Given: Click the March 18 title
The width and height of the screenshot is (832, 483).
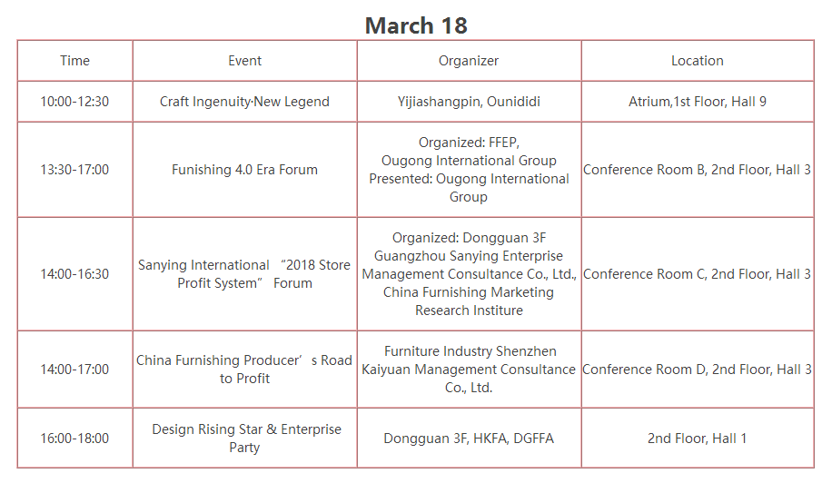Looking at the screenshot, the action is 416,25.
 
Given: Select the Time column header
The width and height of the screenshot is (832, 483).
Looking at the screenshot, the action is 74,61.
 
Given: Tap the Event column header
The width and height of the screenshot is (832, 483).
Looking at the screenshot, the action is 244,61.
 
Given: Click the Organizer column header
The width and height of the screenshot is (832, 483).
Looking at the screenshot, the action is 469,61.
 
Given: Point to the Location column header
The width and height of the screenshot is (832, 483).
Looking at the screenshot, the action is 698,61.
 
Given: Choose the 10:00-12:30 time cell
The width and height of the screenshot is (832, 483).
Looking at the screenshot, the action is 74,102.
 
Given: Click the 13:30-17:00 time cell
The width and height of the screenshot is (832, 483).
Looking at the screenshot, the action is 74,170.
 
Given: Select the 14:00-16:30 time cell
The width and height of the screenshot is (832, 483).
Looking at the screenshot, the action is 74,274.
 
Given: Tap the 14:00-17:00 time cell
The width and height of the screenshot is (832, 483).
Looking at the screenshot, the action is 74,369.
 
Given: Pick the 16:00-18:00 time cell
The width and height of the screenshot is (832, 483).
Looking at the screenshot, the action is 74,439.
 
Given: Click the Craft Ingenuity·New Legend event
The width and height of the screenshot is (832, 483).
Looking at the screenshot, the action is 244,102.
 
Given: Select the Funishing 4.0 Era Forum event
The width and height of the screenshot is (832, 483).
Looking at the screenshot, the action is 244,170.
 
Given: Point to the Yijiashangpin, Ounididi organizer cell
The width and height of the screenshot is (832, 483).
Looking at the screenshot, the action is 469,102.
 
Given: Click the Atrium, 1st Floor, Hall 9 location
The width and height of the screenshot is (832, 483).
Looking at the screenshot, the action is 698,102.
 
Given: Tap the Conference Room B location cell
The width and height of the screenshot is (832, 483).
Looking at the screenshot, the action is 698,170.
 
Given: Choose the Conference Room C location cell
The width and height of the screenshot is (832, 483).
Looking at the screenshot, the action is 698,274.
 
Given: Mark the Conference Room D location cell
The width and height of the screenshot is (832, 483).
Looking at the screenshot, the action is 698,369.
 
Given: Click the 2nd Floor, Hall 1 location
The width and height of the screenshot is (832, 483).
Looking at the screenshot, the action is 698,439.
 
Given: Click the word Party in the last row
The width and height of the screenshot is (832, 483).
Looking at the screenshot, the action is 244,448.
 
